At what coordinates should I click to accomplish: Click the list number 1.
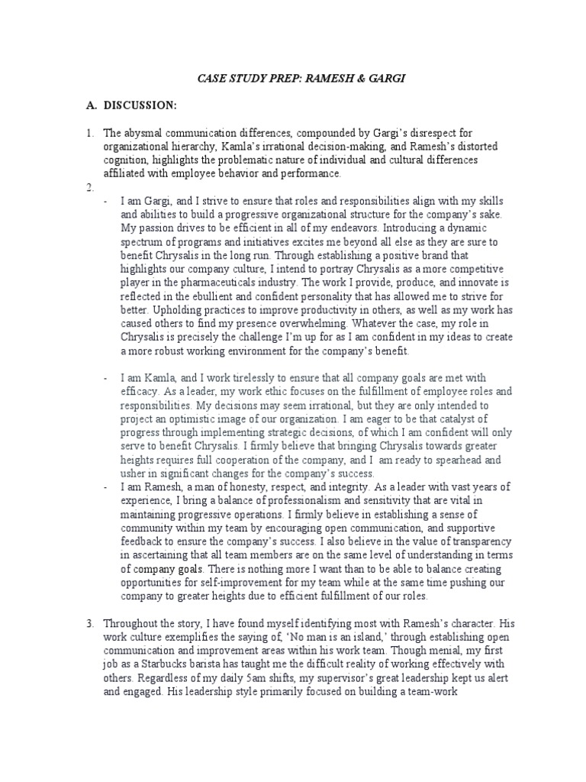coord(88,133)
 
